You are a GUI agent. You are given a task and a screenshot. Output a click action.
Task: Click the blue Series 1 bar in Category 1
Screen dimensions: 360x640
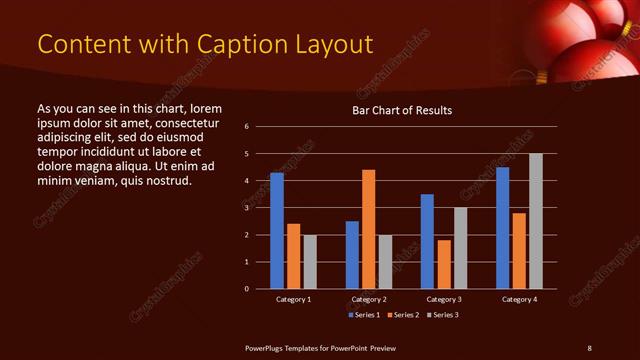pyautogui.click(x=277, y=231)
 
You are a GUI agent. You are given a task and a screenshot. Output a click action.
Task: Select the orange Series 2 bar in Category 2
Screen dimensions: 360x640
pyautogui.click(x=369, y=229)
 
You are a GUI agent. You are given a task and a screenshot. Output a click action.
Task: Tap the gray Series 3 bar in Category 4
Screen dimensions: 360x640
pyautogui.click(x=536, y=221)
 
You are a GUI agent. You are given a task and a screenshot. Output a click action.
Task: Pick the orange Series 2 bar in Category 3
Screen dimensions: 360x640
pyautogui.click(x=444, y=264)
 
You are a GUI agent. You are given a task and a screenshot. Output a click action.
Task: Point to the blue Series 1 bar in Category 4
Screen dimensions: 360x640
pyautogui.click(x=503, y=228)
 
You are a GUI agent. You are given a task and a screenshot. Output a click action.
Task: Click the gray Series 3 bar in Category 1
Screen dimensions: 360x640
pyautogui.click(x=310, y=262)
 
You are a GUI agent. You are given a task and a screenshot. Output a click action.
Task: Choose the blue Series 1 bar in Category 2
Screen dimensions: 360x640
pyautogui.click(x=352, y=255)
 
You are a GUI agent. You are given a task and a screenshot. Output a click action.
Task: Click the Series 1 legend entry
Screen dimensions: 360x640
pyautogui.click(x=363, y=315)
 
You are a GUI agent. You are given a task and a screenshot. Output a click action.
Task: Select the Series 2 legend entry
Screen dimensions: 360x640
pyautogui.click(x=402, y=315)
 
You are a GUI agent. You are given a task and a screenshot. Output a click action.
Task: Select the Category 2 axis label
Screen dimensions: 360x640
pyautogui.click(x=369, y=299)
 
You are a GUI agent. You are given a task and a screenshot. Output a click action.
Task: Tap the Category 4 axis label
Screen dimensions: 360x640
pyautogui.click(x=519, y=299)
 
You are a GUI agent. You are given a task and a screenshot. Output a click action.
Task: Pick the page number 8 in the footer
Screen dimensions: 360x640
pyautogui.click(x=589, y=347)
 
